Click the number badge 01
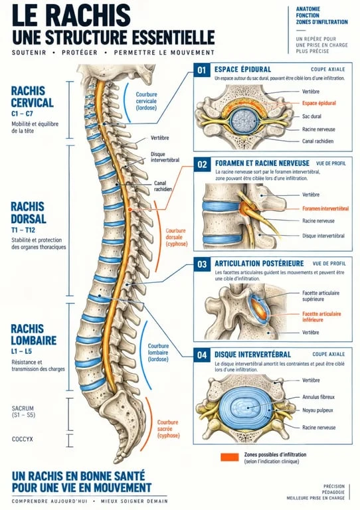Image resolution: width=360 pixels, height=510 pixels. click(202, 70)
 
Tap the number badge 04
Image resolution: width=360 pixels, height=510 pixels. click(202, 355)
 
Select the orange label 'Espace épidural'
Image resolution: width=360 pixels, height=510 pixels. click(319, 103)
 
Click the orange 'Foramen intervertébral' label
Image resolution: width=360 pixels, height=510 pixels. click(325, 209)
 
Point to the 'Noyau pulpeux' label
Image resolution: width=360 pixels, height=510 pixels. click(317, 410)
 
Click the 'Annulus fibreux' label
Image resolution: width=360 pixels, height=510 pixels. click(318, 397)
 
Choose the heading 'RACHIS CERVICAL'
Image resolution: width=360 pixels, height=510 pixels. click(32, 96)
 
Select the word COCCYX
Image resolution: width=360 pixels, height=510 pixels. click(23, 439)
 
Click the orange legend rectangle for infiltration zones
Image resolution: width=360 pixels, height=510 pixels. click(230, 457)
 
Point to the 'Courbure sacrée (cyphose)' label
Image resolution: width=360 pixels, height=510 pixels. click(168, 429)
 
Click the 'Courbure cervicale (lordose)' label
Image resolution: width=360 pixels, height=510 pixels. click(146, 101)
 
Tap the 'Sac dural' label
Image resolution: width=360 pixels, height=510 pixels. click(312, 116)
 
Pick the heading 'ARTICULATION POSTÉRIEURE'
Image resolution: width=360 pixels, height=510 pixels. click(259, 264)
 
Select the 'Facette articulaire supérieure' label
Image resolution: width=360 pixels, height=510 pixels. click(321, 296)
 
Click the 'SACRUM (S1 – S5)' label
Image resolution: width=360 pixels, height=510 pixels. click(23, 412)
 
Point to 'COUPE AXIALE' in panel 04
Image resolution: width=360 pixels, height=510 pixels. click(329, 354)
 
